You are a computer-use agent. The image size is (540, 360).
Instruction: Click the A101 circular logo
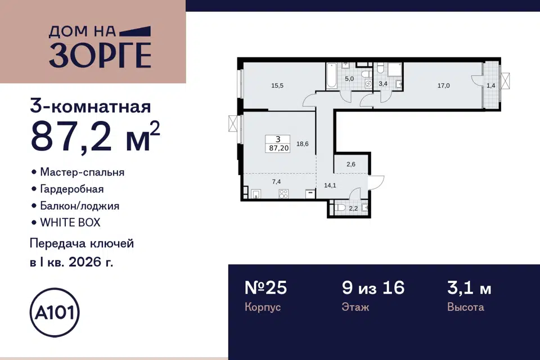tap(55, 312)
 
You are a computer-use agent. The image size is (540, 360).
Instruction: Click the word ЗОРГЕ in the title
tap(100, 56)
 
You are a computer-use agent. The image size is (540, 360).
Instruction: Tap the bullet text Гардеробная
tap(72, 189)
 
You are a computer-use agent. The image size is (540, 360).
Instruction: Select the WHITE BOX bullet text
tap(70, 223)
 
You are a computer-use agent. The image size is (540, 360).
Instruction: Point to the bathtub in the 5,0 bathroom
tap(331, 76)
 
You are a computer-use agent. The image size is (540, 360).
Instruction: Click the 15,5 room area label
tap(277, 85)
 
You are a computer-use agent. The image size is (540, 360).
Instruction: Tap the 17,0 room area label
tap(444, 85)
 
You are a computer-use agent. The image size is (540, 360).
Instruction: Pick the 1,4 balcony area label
tap(490, 85)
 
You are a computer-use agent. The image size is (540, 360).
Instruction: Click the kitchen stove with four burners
tap(283, 194)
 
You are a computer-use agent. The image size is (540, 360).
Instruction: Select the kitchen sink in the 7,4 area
tap(256, 194)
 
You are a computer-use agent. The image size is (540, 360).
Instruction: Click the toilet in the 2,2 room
tap(340, 208)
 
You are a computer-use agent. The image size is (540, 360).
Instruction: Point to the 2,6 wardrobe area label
tap(351, 164)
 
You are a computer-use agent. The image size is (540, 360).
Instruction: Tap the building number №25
tap(265, 287)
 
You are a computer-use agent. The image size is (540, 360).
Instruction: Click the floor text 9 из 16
tap(373, 287)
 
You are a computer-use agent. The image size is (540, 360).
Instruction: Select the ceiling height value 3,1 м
tap(469, 288)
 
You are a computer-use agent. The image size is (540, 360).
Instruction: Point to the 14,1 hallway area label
tap(330, 185)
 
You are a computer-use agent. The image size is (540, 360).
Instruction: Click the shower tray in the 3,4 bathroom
tap(395, 69)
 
